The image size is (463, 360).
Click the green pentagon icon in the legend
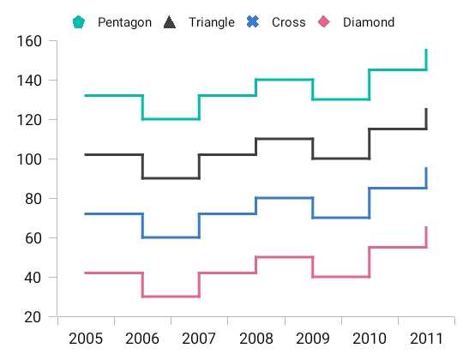pos(79,22)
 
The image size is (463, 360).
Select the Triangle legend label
pos(211,22)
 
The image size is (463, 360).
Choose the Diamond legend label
pos(369,22)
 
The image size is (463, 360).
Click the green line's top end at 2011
pos(426,50)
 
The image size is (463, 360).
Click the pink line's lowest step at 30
pos(171,297)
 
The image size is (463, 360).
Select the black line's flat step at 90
pos(171,178)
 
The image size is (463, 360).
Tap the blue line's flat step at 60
pos(171,237)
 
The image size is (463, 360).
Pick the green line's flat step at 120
pos(171,119)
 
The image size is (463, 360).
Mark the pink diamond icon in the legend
pos(324,22)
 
